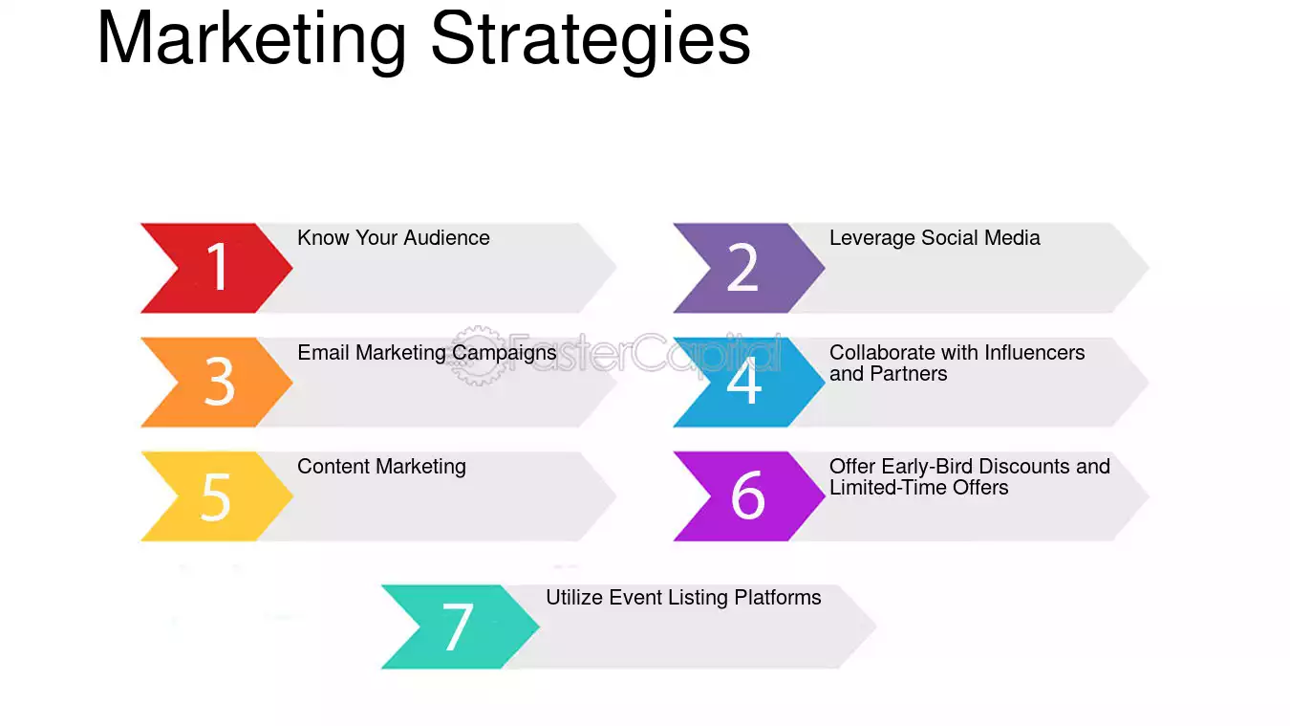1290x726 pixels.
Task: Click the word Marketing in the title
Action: coord(252,40)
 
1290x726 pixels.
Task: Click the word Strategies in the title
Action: coord(591,40)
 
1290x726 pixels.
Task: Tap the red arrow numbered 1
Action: coord(217,268)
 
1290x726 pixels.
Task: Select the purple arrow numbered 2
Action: coord(749,268)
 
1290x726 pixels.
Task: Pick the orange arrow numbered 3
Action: coord(217,382)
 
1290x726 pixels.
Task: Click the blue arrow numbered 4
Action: coord(749,382)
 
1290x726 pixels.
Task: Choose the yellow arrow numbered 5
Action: coord(217,495)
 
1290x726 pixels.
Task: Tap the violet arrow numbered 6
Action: coord(749,495)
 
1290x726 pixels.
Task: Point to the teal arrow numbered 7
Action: coord(461,627)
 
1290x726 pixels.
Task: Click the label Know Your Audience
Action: coord(394,237)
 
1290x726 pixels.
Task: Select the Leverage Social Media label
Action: coord(935,237)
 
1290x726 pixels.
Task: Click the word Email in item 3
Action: coord(324,352)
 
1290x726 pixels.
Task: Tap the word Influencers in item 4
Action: coord(1034,352)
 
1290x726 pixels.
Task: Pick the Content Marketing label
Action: coord(381,467)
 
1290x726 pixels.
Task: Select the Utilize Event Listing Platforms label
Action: coord(683,598)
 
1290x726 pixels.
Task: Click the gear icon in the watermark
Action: coord(477,355)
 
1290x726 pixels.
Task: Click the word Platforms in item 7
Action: coord(778,598)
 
